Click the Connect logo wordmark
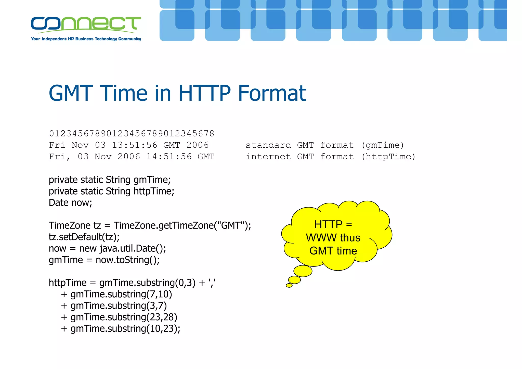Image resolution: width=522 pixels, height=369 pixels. (x=86, y=24)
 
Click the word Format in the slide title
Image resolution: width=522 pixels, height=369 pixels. (x=272, y=93)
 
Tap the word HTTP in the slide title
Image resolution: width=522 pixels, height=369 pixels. (x=205, y=93)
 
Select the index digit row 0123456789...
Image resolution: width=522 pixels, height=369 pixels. (x=132, y=133)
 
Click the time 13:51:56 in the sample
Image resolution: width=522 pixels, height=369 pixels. (x=135, y=145)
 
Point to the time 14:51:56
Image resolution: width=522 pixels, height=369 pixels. (x=169, y=157)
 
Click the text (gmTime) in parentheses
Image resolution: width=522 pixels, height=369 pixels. (x=383, y=145)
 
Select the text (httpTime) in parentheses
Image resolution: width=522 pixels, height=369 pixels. (x=388, y=157)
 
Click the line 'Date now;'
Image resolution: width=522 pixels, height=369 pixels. (x=70, y=203)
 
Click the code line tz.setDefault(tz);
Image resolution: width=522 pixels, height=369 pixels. (x=84, y=237)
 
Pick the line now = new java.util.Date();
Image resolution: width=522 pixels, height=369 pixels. (x=107, y=248)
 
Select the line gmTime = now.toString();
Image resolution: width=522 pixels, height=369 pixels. (x=104, y=260)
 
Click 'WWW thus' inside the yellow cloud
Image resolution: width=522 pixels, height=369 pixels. (x=333, y=238)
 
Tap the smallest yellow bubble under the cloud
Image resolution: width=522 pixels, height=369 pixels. (x=289, y=285)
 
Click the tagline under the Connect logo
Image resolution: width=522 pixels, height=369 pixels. (x=86, y=39)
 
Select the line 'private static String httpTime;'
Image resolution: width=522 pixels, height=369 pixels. (x=111, y=191)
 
